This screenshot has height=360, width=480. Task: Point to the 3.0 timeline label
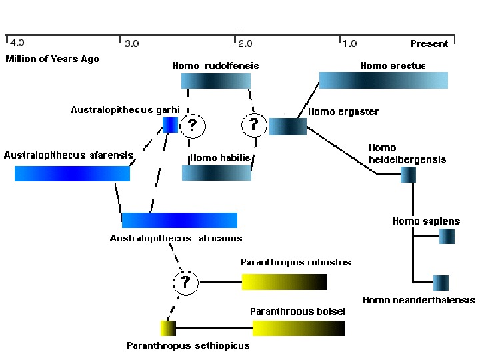pos(132,44)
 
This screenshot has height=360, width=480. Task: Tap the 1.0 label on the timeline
pos(349,44)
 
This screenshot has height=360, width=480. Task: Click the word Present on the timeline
pos(429,44)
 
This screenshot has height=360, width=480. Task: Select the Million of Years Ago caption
pos(53,59)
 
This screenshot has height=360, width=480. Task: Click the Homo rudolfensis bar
pos(216,81)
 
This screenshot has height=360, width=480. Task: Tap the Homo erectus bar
pos(383,81)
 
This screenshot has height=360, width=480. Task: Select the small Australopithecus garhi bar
pos(170,125)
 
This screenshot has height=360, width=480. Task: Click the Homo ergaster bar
pos(288,127)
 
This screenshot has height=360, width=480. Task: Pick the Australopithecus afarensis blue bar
pos(72,174)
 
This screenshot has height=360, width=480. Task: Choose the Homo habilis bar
pos(217,173)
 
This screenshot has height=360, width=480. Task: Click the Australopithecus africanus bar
pos(179,221)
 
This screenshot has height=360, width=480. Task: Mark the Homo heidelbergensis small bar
pos(408,175)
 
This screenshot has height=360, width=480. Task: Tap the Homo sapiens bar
pos(447,236)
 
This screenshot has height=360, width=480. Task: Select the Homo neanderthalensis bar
pos(441,283)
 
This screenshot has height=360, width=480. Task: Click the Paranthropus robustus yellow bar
pos(284,281)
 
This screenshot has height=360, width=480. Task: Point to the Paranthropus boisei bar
pos(299,328)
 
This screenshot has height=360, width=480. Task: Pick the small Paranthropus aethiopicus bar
pos(168,328)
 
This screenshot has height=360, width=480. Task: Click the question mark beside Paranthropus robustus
pos(186,282)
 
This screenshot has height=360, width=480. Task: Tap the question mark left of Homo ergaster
pos(253,124)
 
